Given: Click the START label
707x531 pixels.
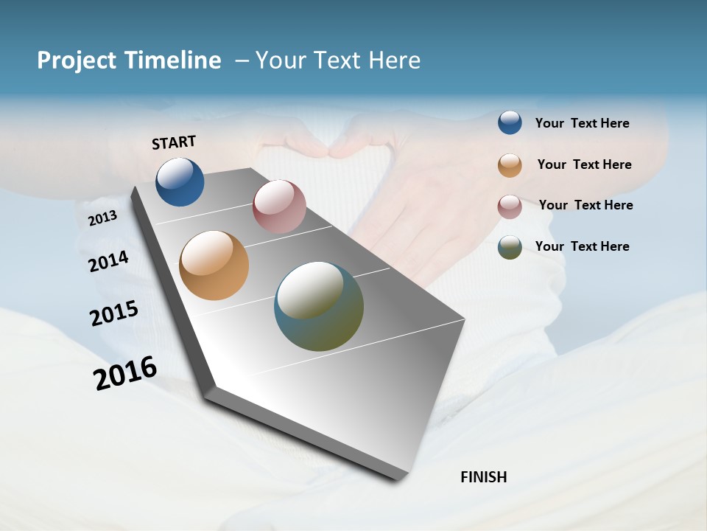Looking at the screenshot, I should (174, 142).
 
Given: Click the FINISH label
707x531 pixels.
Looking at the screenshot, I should (483, 477).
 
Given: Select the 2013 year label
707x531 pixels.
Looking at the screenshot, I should (102, 218).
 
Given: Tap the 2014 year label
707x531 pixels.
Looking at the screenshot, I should (108, 262).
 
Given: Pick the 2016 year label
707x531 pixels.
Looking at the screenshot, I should (125, 373).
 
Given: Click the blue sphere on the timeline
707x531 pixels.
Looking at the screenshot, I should (180, 181).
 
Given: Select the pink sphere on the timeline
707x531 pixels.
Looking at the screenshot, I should (279, 206).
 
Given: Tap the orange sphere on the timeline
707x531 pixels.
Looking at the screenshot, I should (214, 265).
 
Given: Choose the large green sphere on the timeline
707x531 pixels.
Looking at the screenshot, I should (319, 306).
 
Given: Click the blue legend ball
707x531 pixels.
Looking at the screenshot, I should (510, 122).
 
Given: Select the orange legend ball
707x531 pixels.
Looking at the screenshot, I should (510, 165).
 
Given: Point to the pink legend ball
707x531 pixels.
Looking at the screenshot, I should (510, 206).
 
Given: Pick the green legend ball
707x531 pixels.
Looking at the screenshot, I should (510, 247).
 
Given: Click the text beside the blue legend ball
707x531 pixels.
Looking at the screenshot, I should (582, 123).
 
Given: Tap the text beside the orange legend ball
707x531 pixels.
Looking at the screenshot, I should (584, 164).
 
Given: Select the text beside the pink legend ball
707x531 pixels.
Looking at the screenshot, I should (585, 205).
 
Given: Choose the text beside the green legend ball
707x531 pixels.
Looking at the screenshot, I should (582, 246).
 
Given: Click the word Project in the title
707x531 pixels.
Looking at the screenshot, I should (74, 60).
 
